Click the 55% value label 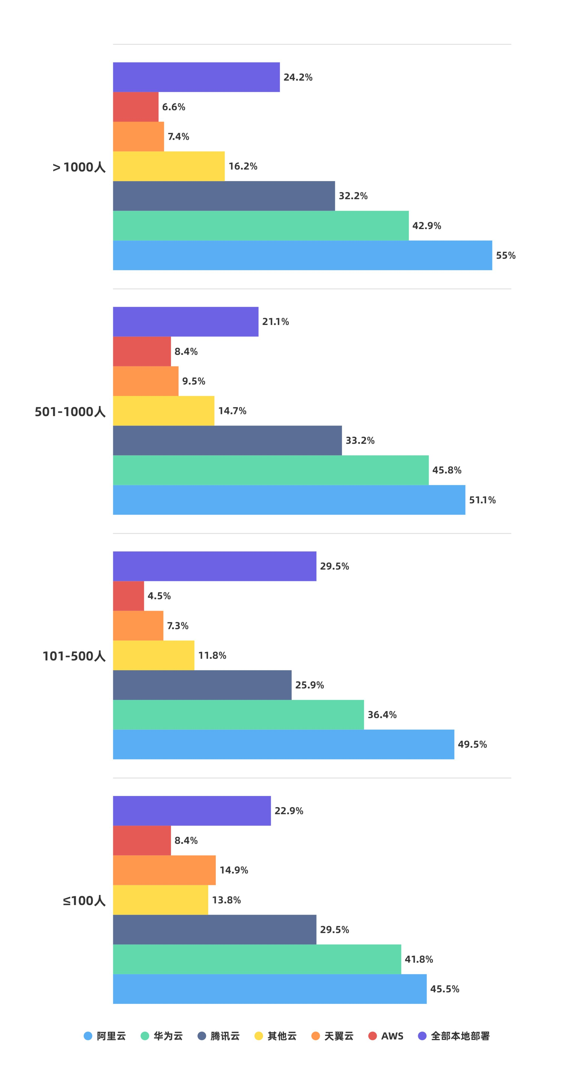pyautogui.click(x=505, y=255)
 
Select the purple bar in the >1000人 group pyautogui.click(x=196, y=77)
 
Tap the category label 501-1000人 pyautogui.click(x=70, y=412)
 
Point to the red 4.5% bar pyautogui.click(x=128, y=596)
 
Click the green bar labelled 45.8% pyautogui.click(x=270, y=470)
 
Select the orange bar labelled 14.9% pyautogui.click(x=164, y=870)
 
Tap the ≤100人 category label pyautogui.click(x=84, y=901)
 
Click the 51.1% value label pyautogui.click(x=482, y=500)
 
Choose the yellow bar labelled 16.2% pyautogui.click(x=168, y=166)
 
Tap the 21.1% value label pyautogui.click(x=275, y=322)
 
